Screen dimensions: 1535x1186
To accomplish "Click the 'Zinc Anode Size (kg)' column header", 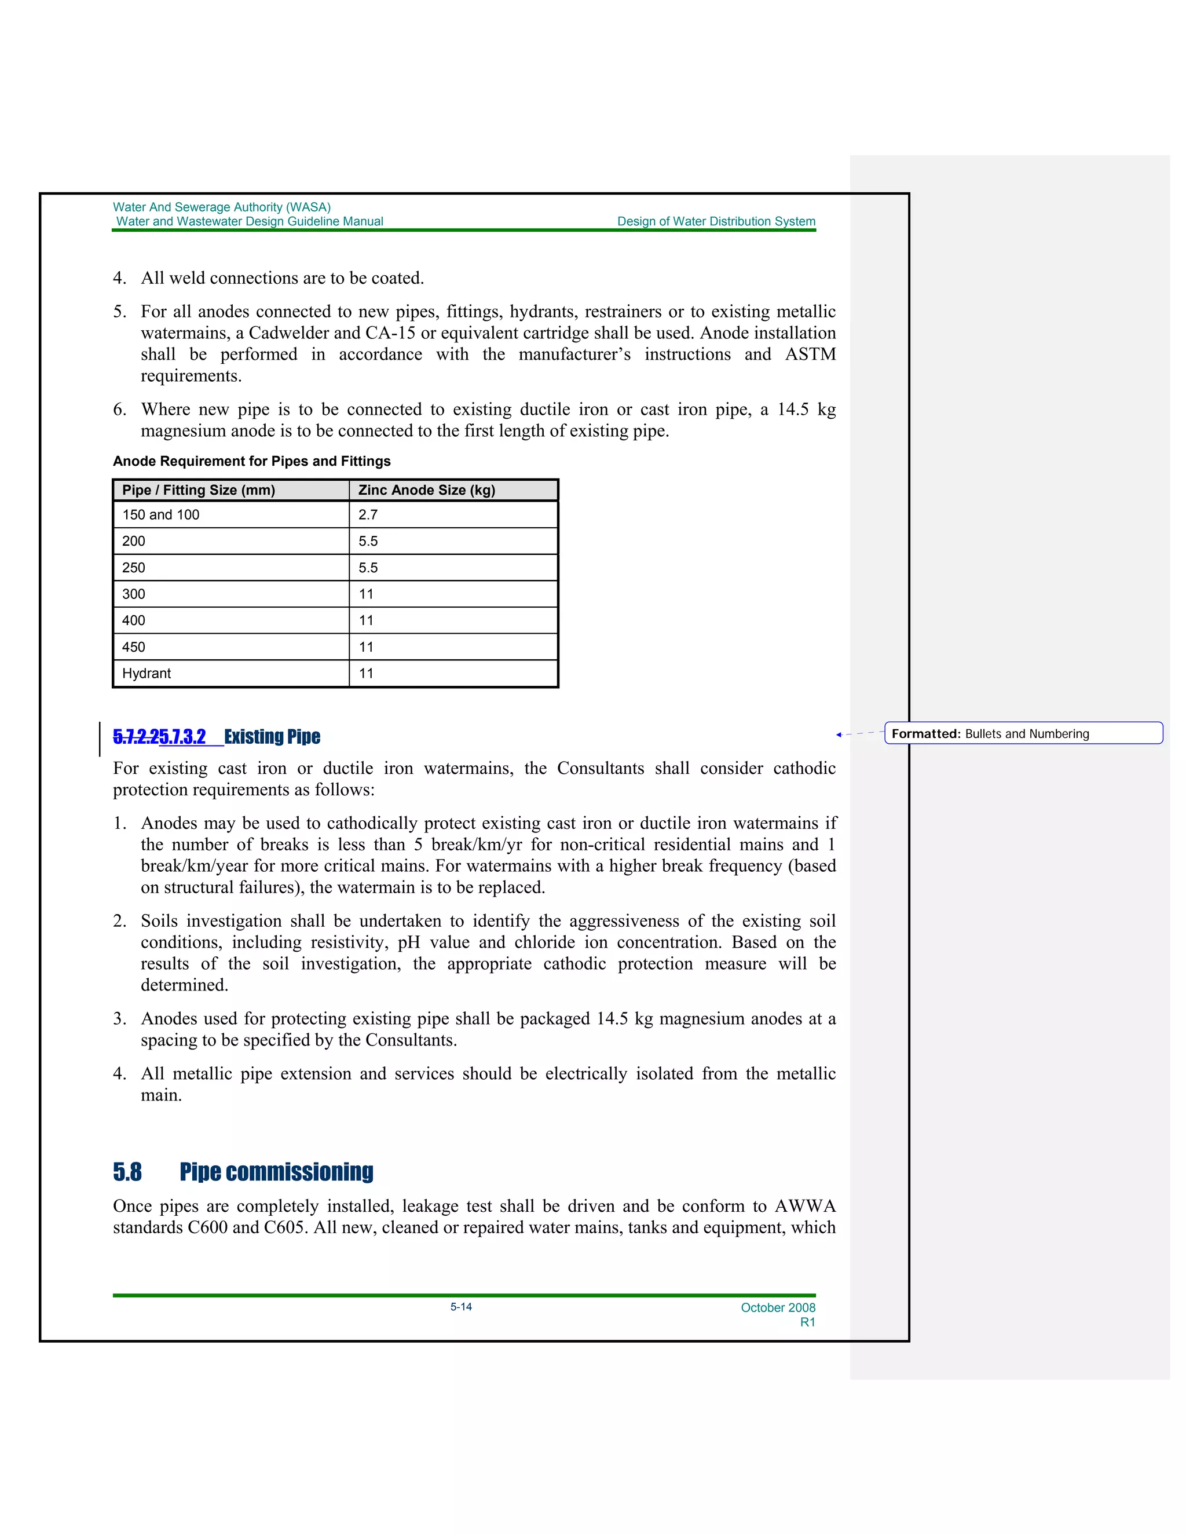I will click(426, 490).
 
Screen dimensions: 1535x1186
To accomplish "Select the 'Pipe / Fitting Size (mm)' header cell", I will click(198, 490).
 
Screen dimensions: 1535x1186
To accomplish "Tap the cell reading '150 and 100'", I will click(161, 514).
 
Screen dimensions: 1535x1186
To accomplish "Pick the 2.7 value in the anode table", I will click(368, 514).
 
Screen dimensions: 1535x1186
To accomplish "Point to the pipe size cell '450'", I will click(134, 646).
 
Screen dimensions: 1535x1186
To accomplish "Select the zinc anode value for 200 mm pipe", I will click(368, 541).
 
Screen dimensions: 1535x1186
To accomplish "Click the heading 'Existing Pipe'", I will click(272, 737).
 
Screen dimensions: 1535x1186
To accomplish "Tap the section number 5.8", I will click(127, 1172).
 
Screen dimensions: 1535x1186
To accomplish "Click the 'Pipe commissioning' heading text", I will click(276, 1172).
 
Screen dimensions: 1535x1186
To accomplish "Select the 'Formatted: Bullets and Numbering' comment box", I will click(1023, 734).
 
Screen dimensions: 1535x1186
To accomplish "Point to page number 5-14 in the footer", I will click(461, 1307).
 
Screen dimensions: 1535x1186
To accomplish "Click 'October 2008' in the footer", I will click(778, 1307).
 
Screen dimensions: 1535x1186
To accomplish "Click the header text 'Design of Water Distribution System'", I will click(716, 221).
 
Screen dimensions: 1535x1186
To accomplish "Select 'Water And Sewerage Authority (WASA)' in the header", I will click(221, 207).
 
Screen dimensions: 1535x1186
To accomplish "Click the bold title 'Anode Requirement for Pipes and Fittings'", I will click(251, 461).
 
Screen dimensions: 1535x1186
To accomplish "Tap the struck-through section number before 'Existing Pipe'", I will click(136, 737).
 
